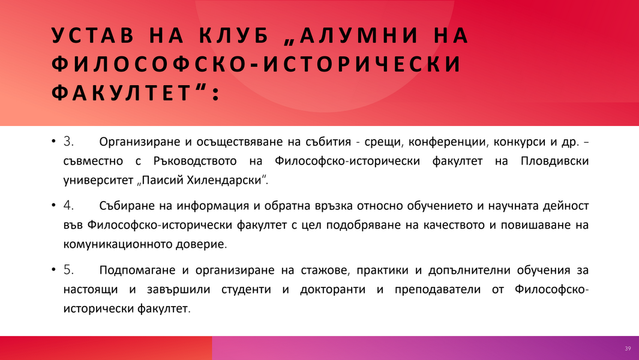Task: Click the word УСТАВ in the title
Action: [x=93, y=35]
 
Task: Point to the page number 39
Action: [x=628, y=349]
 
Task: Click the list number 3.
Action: [x=68, y=142]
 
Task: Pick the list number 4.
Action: [x=68, y=205]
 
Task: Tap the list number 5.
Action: [x=68, y=270]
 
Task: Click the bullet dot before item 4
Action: [x=53, y=205]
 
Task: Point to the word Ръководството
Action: [x=195, y=161]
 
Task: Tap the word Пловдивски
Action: [x=554, y=161]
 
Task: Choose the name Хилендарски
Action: [x=224, y=180]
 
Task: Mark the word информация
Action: [x=212, y=206]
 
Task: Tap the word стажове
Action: [x=325, y=271]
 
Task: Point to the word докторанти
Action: [x=332, y=289]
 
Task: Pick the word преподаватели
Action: [x=437, y=289]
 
